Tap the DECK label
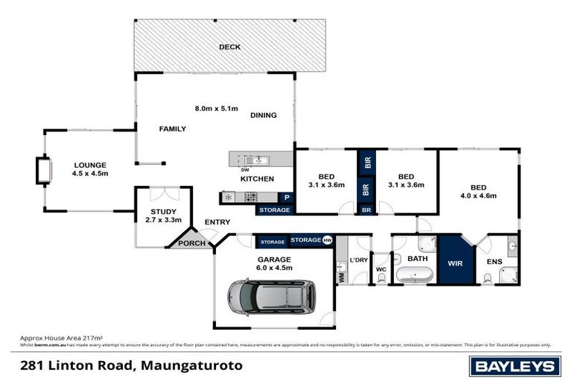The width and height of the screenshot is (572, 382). [x=229, y=47]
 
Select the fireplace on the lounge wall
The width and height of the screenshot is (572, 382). [x=44, y=170]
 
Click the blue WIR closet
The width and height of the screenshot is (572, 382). [x=456, y=263]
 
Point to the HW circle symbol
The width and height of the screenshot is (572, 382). [x=327, y=240]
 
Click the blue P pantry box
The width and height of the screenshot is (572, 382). [x=287, y=198]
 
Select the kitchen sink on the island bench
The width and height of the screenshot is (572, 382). [x=259, y=160]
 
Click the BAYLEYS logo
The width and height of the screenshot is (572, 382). [x=515, y=366]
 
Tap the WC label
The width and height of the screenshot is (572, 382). [x=380, y=269]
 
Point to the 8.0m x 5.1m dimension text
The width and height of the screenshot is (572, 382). [x=216, y=109]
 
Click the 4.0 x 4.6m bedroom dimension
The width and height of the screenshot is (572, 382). [x=477, y=196]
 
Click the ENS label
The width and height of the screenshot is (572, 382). [x=495, y=262]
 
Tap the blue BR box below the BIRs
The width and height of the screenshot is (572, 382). [x=366, y=210]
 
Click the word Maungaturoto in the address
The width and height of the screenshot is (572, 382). [x=190, y=366]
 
